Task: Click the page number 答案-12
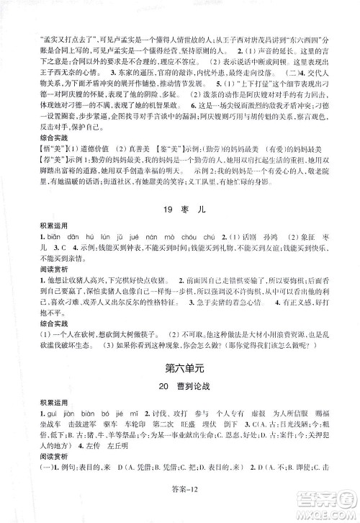pos(180,508)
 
